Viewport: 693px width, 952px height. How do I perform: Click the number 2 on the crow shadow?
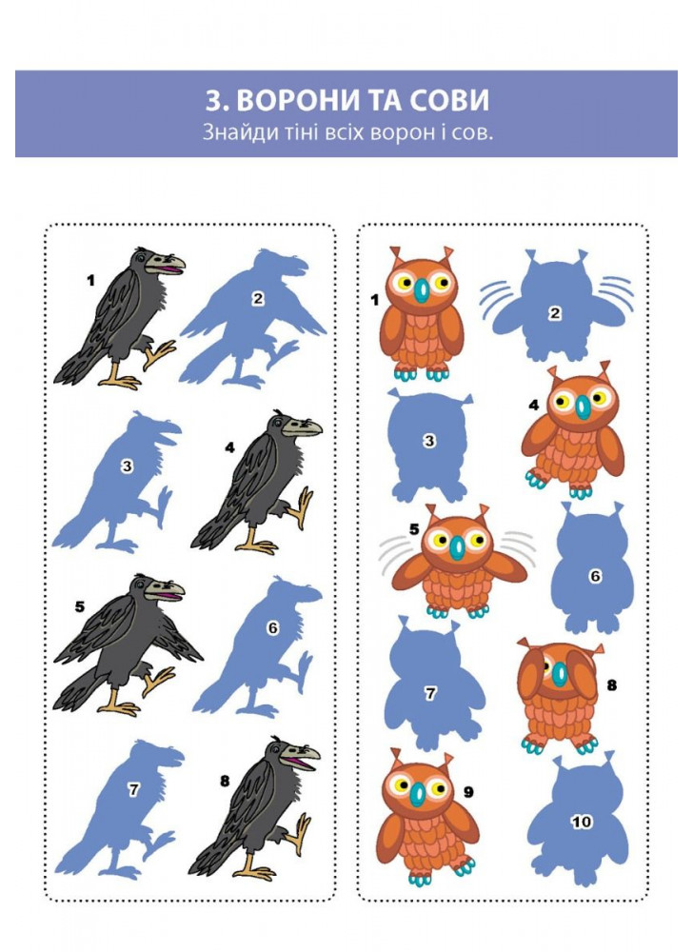258,299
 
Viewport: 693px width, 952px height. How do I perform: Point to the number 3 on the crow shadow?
127,466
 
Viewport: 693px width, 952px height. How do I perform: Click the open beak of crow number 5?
165,591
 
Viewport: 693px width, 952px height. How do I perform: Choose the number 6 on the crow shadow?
272,628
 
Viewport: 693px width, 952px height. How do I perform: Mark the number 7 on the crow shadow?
133,789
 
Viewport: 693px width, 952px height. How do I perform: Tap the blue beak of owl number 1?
421,289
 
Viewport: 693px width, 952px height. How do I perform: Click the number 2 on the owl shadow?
555,313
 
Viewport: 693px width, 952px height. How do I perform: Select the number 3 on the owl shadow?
429,440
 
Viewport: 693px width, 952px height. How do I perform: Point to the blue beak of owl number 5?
458,547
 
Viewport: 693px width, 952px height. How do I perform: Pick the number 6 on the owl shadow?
595,576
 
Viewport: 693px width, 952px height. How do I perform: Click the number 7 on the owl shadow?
430,693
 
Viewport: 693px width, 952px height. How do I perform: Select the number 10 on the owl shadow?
581,822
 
